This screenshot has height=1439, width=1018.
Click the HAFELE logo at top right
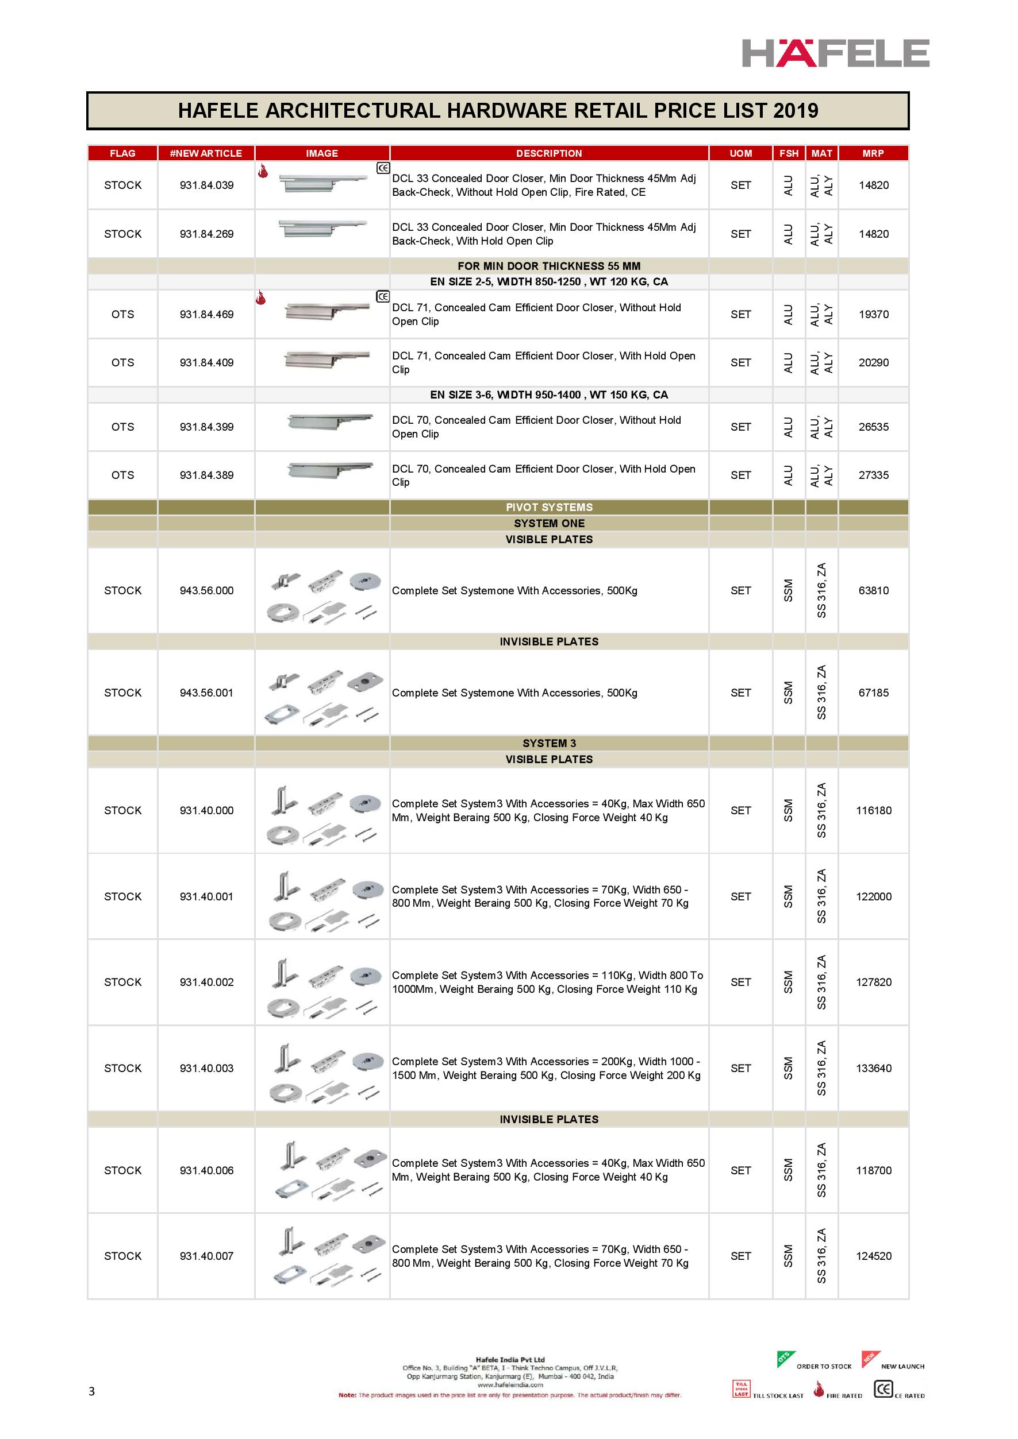[835, 53]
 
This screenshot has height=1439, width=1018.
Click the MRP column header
[873, 153]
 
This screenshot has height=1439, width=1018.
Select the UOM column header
[740, 153]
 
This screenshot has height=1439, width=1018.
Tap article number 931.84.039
[206, 185]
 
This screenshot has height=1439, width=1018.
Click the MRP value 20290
[873, 362]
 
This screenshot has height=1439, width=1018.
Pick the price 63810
[873, 590]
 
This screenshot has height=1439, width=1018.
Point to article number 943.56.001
[206, 693]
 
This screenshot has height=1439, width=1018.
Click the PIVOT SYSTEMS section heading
[549, 507]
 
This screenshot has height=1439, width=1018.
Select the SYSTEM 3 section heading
[549, 743]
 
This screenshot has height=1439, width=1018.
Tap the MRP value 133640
[873, 1068]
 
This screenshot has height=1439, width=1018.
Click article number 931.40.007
[206, 1256]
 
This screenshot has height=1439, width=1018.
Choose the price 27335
[873, 475]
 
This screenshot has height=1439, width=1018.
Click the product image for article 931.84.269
[322, 229]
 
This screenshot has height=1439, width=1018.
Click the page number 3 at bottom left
[91, 1391]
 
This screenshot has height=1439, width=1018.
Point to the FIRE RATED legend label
[844, 1396]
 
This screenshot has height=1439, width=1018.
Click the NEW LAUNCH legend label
[902, 1366]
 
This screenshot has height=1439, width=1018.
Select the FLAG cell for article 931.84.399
[122, 427]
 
